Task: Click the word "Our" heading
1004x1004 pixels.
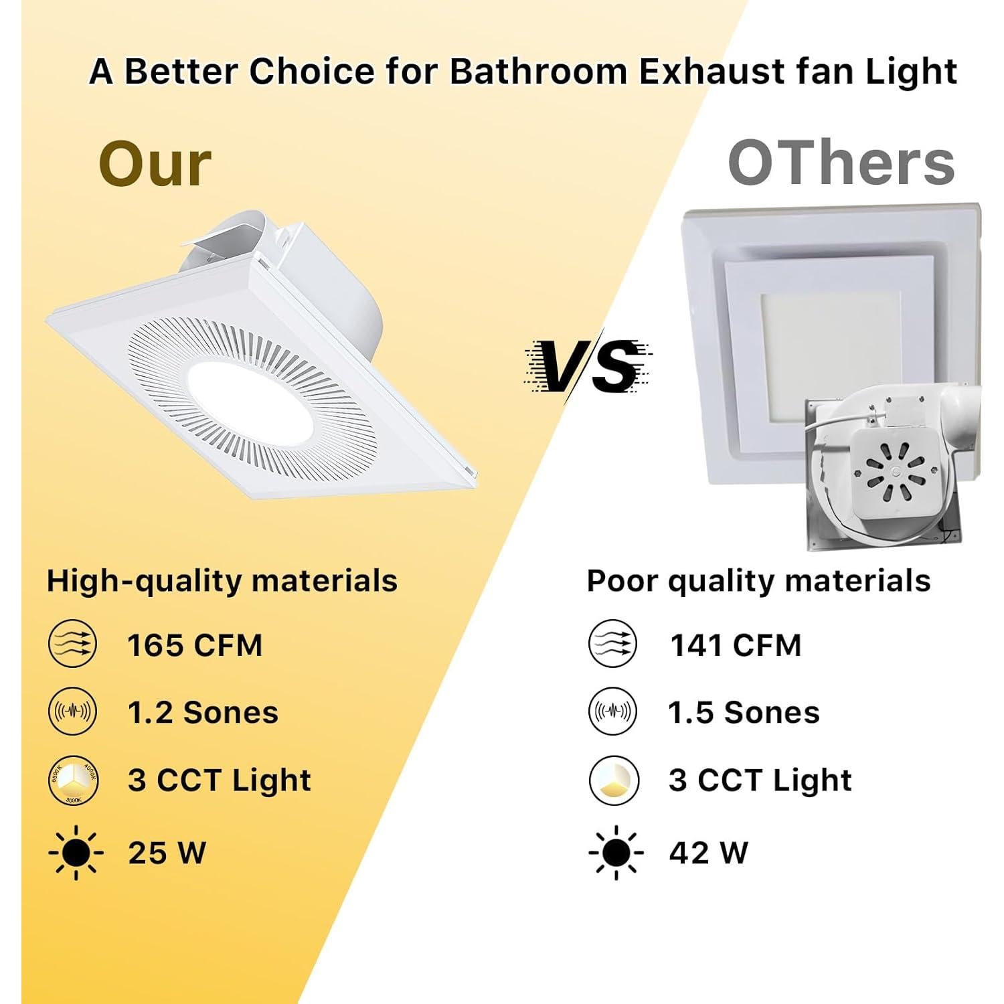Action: click(155, 165)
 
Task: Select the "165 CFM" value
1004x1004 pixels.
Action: click(195, 645)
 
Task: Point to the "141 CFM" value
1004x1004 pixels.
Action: click(736, 645)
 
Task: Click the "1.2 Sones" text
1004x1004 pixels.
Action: click(203, 712)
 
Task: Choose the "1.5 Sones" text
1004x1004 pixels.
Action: click(744, 712)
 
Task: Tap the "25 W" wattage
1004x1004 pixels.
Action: click(167, 853)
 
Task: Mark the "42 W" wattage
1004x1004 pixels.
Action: click(708, 853)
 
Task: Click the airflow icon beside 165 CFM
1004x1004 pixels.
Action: click(73, 645)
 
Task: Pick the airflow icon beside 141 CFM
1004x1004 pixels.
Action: click(613, 645)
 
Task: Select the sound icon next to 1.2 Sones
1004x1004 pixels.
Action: click(73, 712)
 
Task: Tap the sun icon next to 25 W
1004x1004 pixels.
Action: click(76, 853)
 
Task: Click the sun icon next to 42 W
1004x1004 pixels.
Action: click(616, 853)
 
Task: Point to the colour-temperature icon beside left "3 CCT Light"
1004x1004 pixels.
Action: click(74, 780)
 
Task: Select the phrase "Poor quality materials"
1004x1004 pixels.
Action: click(758, 580)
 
